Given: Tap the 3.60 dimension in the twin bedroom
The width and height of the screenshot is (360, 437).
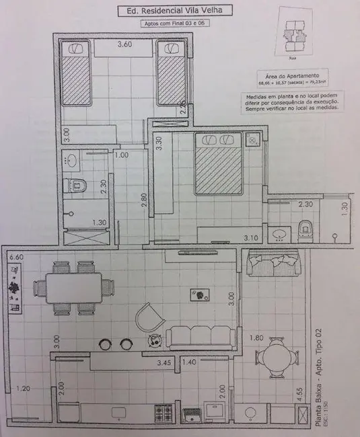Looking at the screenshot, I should (124, 45).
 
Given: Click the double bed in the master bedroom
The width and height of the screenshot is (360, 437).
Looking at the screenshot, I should (218, 163).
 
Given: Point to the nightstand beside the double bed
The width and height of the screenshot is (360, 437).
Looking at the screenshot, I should (252, 141).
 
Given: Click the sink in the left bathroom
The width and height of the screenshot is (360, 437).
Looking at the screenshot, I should (71, 160).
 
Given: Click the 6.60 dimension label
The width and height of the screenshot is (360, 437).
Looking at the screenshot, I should (15, 257).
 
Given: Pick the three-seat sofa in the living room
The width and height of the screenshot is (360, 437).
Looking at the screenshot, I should (201, 335).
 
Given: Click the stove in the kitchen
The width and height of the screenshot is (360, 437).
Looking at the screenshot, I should (164, 411).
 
